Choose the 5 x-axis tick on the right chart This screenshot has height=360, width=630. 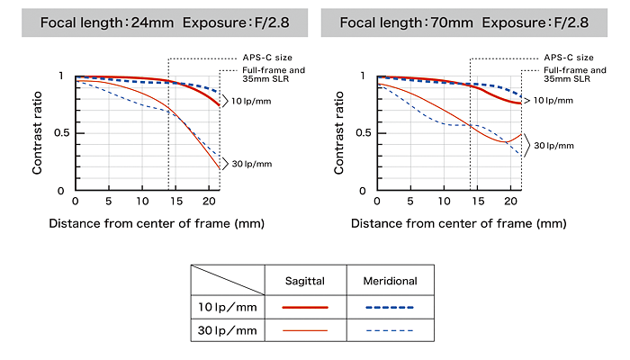(x=409, y=201)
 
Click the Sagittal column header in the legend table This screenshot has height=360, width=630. (x=304, y=281)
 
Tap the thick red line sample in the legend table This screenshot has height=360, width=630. (x=304, y=308)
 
